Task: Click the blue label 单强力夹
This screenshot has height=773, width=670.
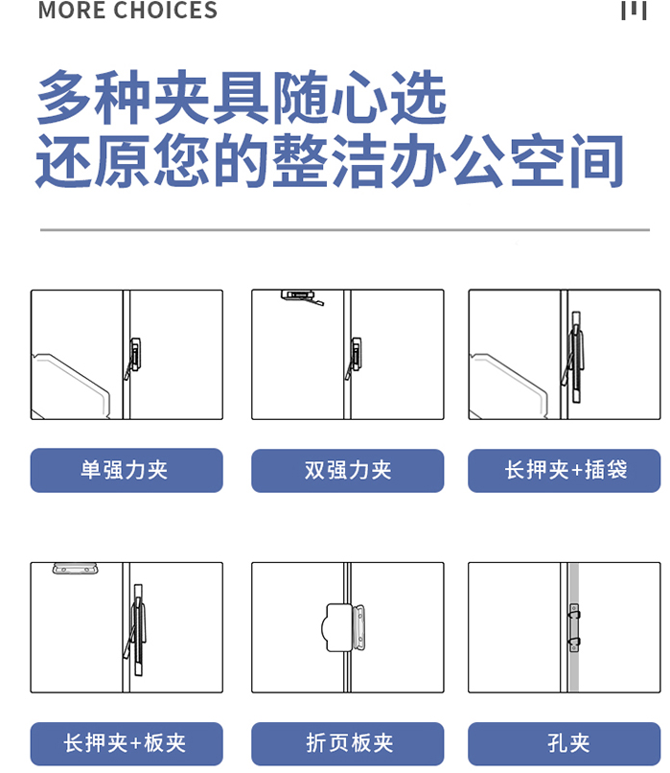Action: tap(127, 470)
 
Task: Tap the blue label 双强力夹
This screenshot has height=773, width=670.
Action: tap(347, 470)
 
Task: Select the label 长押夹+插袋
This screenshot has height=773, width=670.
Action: tap(564, 470)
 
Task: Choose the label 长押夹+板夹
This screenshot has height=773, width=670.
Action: tap(127, 743)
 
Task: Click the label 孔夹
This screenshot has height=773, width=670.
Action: tap(564, 743)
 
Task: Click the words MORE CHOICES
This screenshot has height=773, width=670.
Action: tap(127, 10)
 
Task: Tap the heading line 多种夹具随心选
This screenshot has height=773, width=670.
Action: tap(242, 97)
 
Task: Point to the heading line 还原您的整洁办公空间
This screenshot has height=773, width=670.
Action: tap(330, 161)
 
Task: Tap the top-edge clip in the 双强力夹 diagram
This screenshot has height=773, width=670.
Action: tap(302, 297)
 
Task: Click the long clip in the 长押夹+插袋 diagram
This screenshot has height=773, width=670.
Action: tap(575, 357)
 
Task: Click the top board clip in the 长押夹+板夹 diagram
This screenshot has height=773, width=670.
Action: tap(75, 569)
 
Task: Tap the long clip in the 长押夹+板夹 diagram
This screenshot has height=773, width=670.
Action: tap(136, 629)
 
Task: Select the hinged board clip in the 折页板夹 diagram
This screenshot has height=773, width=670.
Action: tap(344, 627)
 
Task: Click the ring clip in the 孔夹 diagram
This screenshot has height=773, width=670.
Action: tap(574, 627)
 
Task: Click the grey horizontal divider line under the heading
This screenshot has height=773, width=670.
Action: tap(345, 230)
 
